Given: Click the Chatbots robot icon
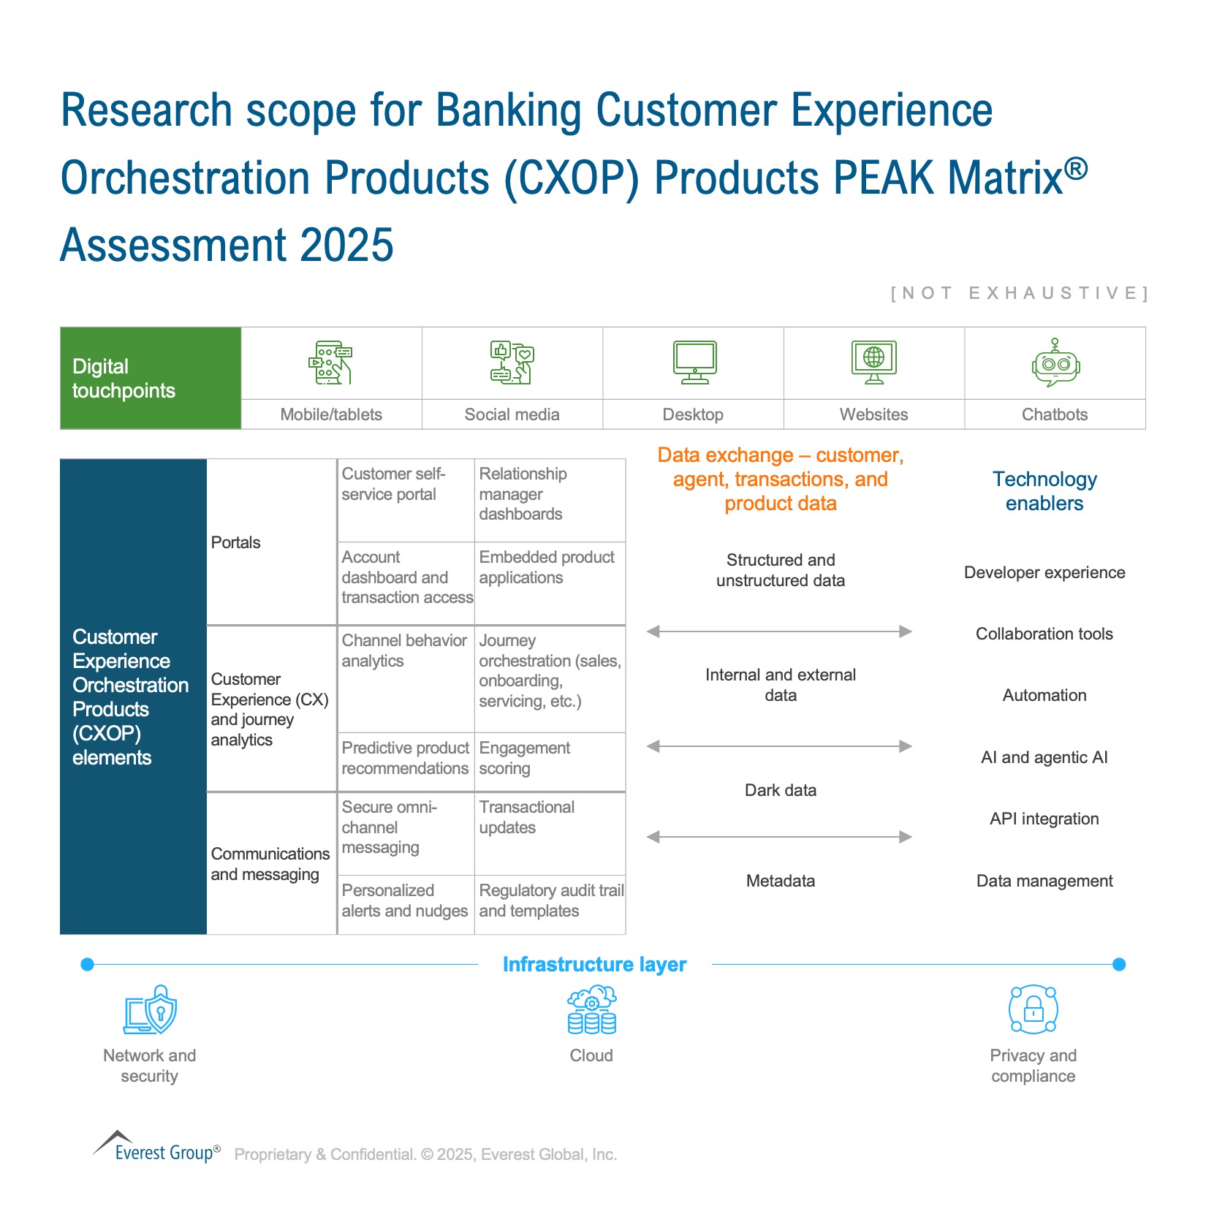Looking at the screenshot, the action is click(x=1055, y=363).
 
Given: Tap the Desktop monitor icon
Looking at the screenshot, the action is click(x=694, y=362).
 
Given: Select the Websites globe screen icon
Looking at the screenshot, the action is click(x=874, y=362).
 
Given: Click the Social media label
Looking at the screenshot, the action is click(x=512, y=414).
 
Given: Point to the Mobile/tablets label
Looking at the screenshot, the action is click(x=331, y=414).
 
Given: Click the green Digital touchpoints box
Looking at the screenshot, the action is click(x=151, y=378).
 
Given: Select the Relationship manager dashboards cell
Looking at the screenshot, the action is click(x=550, y=501).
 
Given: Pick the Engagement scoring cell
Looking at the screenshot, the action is click(x=550, y=762).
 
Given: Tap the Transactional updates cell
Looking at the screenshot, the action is click(x=550, y=834).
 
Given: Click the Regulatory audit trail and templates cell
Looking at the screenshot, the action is click(x=550, y=905).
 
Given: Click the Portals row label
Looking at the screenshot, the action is click(x=235, y=542).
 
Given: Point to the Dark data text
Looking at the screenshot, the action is click(x=781, y=790).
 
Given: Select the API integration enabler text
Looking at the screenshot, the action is click(x=1044, y=819).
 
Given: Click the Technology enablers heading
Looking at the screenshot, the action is click(x=1044, y=491).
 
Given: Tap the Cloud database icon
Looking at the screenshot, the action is click(x=592, y=1010).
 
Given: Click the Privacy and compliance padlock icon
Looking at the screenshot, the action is click(x=1033, y=1009).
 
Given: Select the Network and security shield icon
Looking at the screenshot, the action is click(x=150, y=1009).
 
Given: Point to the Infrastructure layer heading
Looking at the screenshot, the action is click(x=595, y=965).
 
